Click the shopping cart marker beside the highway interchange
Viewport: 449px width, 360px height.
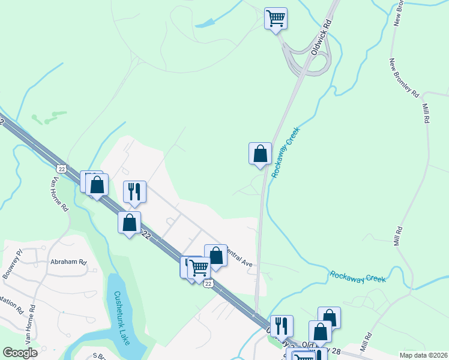tap(276, 19)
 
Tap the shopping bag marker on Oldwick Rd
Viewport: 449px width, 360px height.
tap(260, 154)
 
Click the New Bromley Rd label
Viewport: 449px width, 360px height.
tap(403, 77)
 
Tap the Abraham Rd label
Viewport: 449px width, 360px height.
tap(68, 262)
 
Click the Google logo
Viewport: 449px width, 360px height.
tap(20, 353)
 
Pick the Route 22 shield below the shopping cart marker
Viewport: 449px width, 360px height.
tap(208, 283)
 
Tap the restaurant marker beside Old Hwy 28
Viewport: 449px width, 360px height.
tap(282, 326)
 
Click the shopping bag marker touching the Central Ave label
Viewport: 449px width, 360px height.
tap(216, 256)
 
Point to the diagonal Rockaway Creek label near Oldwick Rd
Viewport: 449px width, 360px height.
tap(285, 151)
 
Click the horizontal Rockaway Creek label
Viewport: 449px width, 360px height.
tap(358, 277)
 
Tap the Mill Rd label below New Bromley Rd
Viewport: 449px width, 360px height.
tap(426, 113)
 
